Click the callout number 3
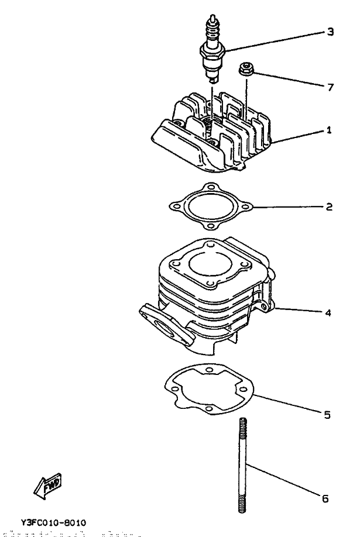(x=330, y=32)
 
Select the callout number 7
(x=330, y=87)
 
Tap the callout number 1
(x=329, y=130)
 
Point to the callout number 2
(x=329, y=206)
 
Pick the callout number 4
(x=328, y=312)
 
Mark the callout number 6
(x=325, y=499)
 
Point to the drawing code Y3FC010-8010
(x=53, y=522)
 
